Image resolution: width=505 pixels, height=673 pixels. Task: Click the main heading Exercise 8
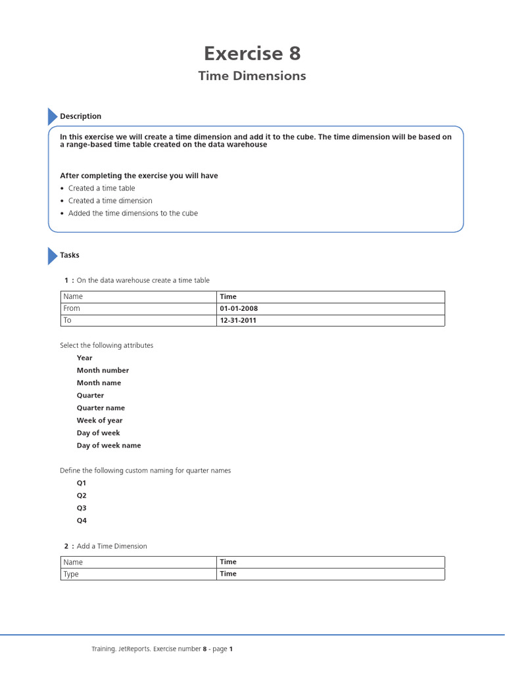pos(252,53)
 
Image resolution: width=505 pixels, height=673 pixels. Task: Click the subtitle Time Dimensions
pos(252,76)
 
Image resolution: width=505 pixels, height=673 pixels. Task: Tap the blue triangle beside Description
pos(52,116)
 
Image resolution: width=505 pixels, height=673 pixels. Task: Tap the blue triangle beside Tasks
pos(52,256)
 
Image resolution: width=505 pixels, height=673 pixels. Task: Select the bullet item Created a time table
pos(101,188)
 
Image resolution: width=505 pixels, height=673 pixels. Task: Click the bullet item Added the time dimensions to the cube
pos(133,213)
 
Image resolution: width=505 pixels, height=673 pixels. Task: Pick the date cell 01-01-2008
pos(239,308)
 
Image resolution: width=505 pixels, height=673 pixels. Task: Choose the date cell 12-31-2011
pos(238,321)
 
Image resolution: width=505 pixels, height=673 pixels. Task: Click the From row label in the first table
pos(72,308)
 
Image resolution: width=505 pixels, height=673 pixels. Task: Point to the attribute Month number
pos(103,370)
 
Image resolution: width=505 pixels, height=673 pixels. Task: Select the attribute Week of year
pos(99,420)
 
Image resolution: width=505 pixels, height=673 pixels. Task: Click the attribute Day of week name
pos(108,445)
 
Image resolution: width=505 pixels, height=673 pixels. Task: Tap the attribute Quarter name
pos(101,407)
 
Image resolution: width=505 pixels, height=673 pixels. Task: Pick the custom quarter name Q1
pos(82,482)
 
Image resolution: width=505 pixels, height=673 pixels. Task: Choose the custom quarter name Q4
pos(82,521)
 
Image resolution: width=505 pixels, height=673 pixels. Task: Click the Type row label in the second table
pos(71,574)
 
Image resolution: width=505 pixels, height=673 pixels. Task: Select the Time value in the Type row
pos(228,574)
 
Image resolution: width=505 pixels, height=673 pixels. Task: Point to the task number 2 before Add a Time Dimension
pos(66,546)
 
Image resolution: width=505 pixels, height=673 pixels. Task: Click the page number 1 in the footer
pos(231,649)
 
